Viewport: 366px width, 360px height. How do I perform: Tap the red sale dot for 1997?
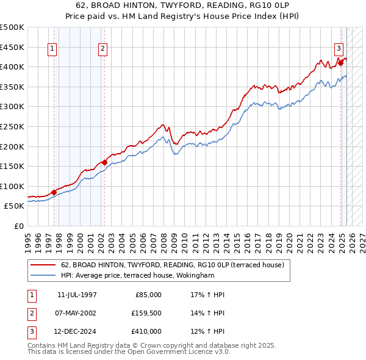tap(54, 192)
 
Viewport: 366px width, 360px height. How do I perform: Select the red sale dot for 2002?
tap(104, 162)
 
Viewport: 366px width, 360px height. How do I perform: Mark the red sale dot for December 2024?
tap(340, 62)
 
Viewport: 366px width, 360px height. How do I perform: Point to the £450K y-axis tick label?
tap(12, 47)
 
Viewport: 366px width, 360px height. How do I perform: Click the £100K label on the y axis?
tap(12, 186)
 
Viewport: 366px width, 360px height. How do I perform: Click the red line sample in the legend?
tap(43, 265)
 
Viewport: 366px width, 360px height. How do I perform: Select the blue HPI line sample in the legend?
tap(43, 276)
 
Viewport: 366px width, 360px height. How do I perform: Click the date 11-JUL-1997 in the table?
tap(77, 295)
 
